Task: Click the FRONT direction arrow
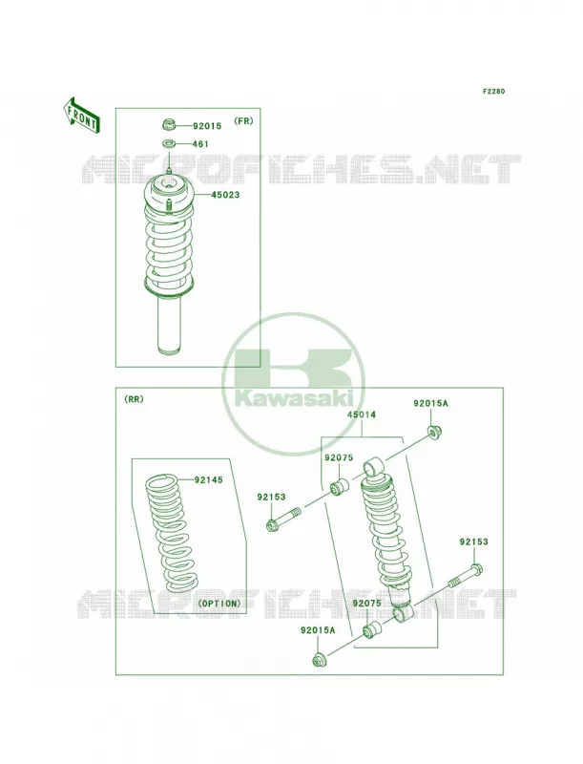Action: point(82,115)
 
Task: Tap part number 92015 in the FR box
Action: point(207,126)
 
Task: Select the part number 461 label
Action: point(200,144)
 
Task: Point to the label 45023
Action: point(225,195)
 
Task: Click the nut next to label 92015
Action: point(169,124)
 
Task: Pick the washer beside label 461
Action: point(169,144)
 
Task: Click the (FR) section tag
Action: point(243,121)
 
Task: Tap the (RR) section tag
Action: point(134,399)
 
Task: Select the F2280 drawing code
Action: point(493,91)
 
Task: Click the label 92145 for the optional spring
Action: point(208,480)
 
